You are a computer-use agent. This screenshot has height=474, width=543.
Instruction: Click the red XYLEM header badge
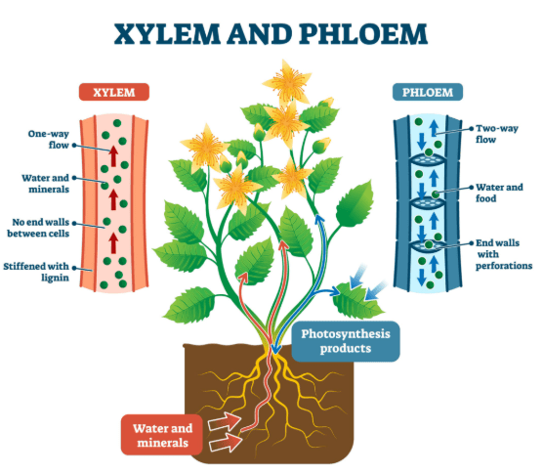(x=114, y=92)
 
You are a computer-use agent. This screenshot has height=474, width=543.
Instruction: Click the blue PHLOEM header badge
(x=428, y=92)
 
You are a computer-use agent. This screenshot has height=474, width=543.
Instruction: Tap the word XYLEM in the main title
(x=167, y=34)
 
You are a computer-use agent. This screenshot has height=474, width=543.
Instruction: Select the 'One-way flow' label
(x=49, y=140)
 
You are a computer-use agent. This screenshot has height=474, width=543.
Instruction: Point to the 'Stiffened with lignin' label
(x=36, y=272)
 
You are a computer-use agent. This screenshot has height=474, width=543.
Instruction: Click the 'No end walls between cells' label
(x=38, y=228)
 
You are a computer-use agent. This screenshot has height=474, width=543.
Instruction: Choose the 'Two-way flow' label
(x=496, y=134)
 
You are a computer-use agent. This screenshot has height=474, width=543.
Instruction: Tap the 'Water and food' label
(x=499, y=193)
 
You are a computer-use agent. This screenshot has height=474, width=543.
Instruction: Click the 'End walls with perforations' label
(x=504, y=254)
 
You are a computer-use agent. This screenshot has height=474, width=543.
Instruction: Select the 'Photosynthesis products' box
(x=346, y=341)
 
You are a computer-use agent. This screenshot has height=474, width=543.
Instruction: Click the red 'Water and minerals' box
(x=162, y=435)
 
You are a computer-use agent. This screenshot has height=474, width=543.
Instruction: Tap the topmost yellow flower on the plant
(x=288, y=82)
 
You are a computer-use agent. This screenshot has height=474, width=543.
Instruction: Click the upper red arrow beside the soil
(x=225, y=421)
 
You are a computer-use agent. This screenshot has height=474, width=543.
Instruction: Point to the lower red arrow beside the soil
(x=225, y=442)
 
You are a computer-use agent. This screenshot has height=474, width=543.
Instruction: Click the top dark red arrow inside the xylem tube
(x=113, y=156)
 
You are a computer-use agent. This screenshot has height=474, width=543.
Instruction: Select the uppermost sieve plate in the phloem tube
(x=427, y=159)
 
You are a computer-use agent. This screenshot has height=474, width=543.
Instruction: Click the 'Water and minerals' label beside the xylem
(x=45, y=184)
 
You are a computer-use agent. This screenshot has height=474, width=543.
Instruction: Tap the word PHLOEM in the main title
(x=363, y=34)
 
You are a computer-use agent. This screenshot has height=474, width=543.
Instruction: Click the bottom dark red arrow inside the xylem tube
(x=113, y=243)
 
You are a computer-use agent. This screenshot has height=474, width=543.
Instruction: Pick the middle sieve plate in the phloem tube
(x=427, y=202)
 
